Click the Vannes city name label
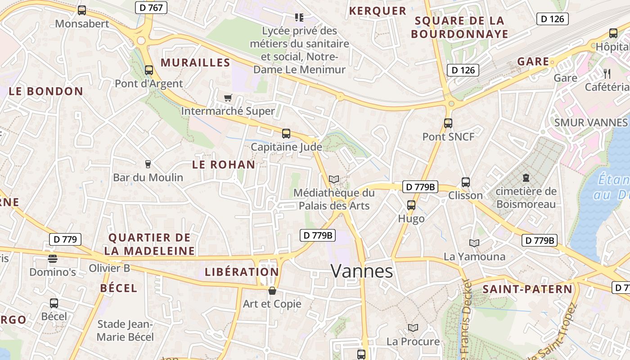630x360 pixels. (x=362, y=271)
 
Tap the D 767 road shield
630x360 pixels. (x=151, y=7)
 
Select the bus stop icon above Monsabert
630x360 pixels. (x=82, y=10)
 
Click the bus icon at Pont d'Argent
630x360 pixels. (x=149, y=70)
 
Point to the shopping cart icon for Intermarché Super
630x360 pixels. (x=228, y=98)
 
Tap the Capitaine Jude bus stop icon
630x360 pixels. (x=286, y=133)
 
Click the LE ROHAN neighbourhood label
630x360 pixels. (x=224, y=165)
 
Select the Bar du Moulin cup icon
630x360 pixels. (x=148, y=164)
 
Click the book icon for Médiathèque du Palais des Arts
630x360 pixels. (x=334, y=179)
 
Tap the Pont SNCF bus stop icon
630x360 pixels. (x=448, y=123)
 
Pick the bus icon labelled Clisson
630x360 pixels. (x=466, y=182)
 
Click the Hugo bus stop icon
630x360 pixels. (x=411, y=205)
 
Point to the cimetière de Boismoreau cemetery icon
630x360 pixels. (x=526, y=178)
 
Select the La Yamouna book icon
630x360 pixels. (x=474, y=243)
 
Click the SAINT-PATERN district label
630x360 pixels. (x=527, y=289)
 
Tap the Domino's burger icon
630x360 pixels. (x=53, y=258)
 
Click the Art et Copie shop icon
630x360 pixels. (x=272, y=291)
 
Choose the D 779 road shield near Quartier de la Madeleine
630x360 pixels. (x=65, y=239)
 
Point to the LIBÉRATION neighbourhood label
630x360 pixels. (x=242, y=272)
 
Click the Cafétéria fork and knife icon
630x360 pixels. (x=607, y=73)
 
